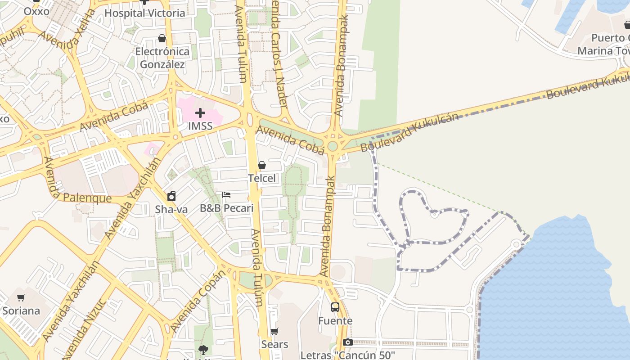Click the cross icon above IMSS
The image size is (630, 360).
[x=200, y=113]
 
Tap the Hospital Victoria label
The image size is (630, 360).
[x=144, y=13]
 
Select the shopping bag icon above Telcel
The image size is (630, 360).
[x=262, y=165]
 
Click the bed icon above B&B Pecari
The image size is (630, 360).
[x=226, y=195]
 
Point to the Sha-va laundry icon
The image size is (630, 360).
[x=171, y=196]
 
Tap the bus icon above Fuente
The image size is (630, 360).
[x=335, y=307]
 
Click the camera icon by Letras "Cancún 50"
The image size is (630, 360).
[x=348, y=342]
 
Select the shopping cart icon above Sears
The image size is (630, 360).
[x=274, y=332]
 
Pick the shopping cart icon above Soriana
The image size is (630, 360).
[x=21, y=297]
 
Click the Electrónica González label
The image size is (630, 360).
[x=162, y=58]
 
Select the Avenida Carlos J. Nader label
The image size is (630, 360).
[x=279, y=54]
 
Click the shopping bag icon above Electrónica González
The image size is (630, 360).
[x=162, y=39]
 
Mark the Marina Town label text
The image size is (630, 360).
[x=603, y=51]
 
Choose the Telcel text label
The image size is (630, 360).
[x=262, y=178]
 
